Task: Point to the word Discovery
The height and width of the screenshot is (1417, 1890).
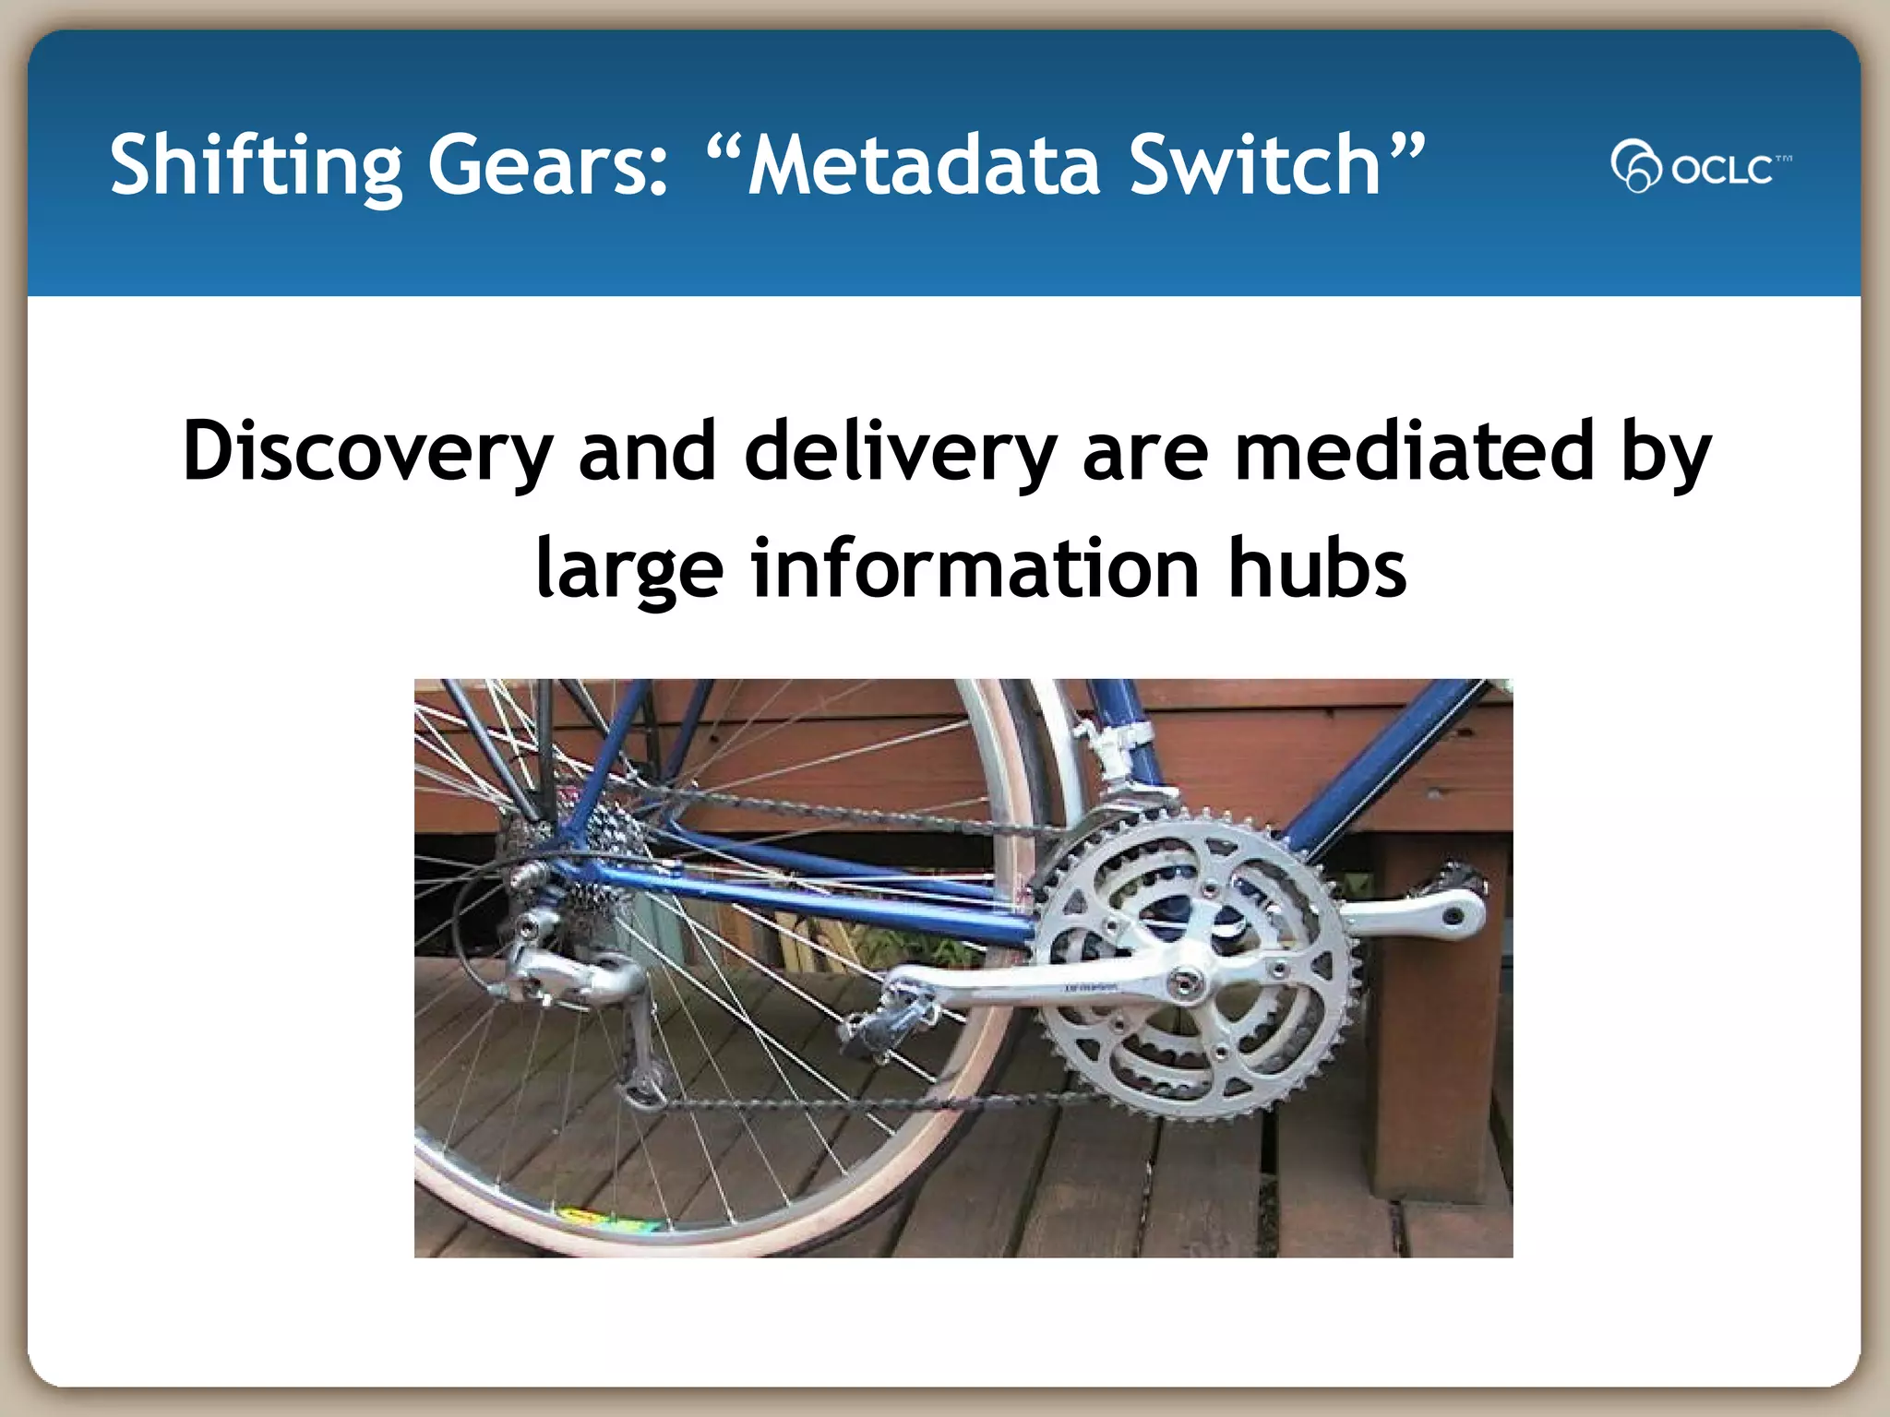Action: click(x=367, y=451)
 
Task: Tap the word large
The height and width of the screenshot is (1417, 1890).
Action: click(x=628, y=568)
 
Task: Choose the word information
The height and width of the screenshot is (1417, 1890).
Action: click(x=975, y=568)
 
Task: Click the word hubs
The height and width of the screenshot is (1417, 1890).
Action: click(x=1317, y=568)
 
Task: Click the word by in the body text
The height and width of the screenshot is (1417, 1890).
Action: click(x=1666, y=451)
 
